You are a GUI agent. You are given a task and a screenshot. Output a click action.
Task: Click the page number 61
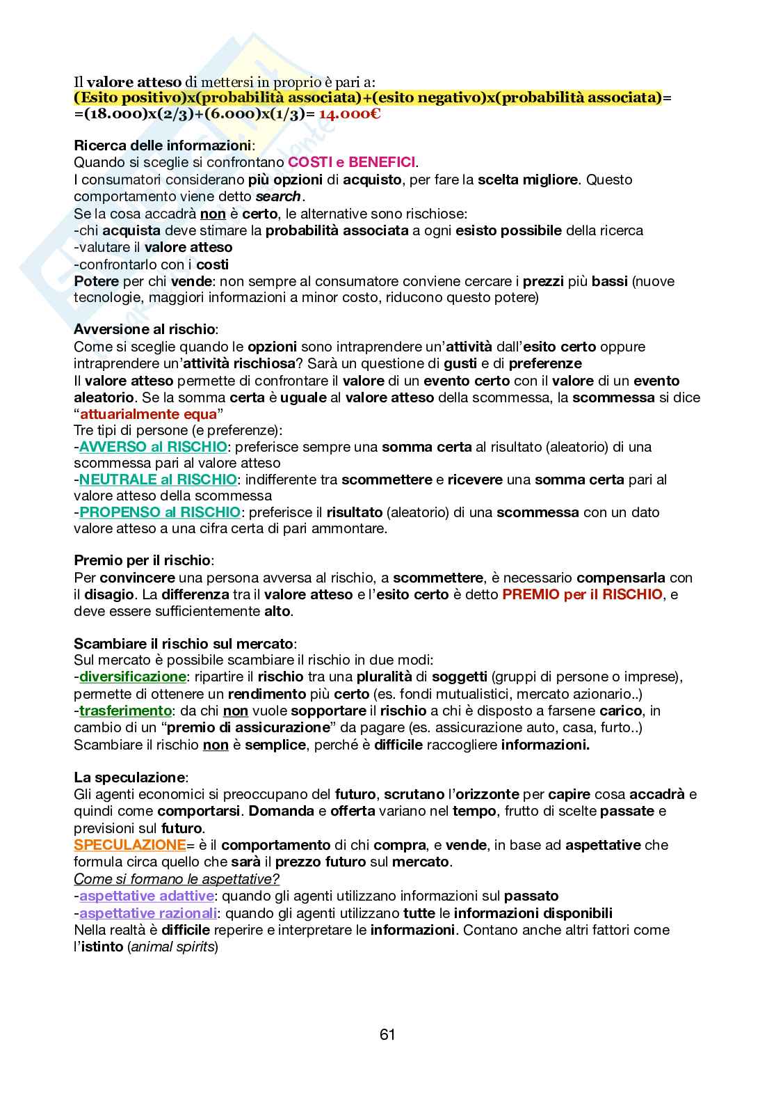tap(387, 1035)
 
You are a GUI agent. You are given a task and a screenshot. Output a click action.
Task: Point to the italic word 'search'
tap(278, 196)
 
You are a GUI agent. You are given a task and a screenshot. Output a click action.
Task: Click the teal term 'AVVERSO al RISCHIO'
tap(153, 447)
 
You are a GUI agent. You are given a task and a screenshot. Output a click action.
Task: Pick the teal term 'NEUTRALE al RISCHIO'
tap(158, 480)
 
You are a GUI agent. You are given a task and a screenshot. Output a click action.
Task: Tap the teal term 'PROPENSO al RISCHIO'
tap(160, 512)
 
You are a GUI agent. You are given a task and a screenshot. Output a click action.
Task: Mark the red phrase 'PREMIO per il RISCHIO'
tap(582, 594)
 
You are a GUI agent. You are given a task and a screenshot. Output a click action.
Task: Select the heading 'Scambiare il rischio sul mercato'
tap(184, 643)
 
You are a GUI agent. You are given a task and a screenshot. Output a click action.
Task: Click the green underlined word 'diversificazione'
tap(133, 677)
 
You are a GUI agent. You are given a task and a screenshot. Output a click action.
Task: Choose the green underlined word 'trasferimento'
tap(125, 711)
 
